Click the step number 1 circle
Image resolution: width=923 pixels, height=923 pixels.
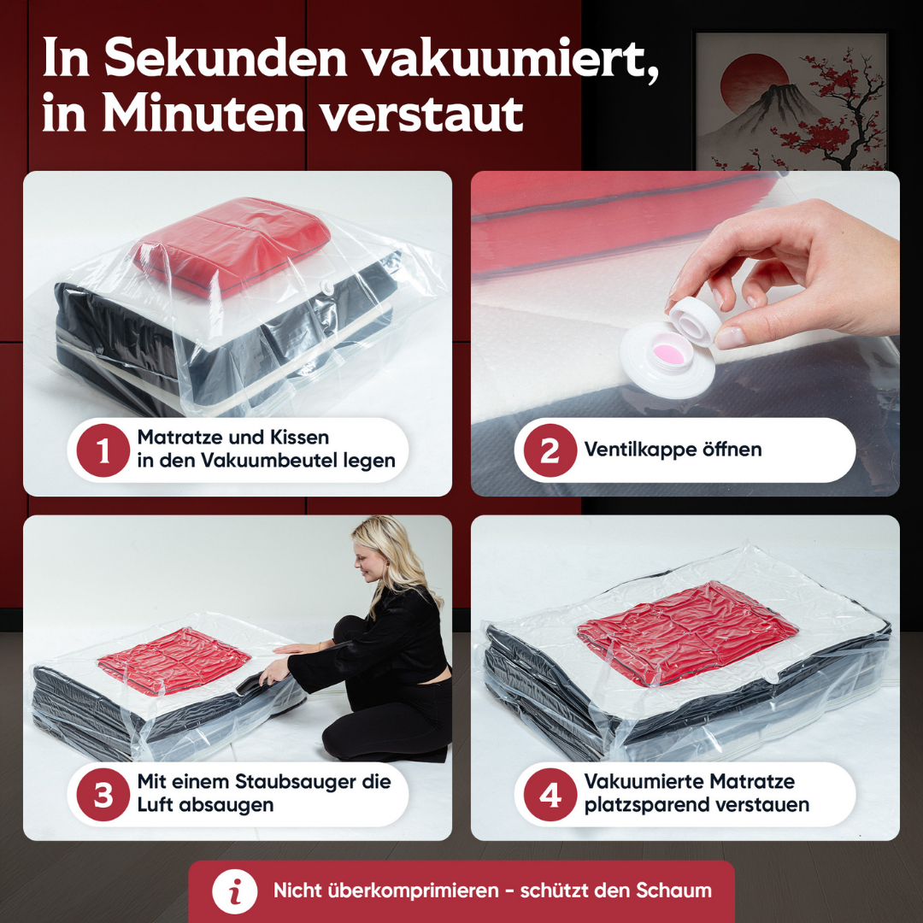[103, 450]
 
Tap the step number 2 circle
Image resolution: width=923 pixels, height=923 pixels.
[550, 450]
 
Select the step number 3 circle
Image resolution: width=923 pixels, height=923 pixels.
[103, 795]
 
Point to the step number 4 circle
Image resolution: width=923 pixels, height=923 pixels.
[550, 795]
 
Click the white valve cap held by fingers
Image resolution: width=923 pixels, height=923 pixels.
[695, 321]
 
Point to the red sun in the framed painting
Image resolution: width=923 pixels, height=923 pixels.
[754, 81]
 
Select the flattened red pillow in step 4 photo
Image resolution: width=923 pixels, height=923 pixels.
[686, 632]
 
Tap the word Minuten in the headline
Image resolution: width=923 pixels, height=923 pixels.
[203, 114]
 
